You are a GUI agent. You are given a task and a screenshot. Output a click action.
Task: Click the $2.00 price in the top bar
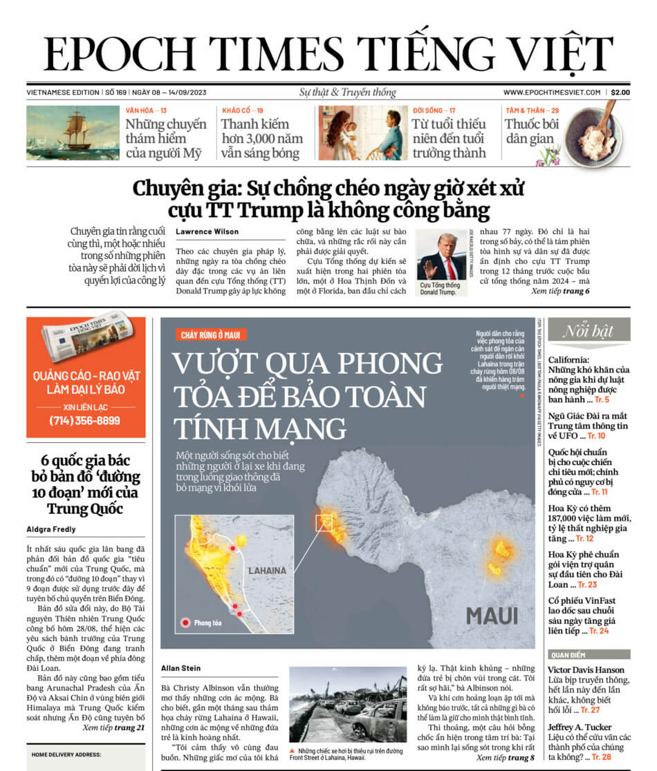click(x=620, y=92)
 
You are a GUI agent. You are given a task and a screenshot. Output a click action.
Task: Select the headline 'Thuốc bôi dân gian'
click(x=530, y=131)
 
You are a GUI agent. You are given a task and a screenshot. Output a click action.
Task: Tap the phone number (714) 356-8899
click(x=85, y=421)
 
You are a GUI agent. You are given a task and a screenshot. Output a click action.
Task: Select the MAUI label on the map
click(x=492, y=615)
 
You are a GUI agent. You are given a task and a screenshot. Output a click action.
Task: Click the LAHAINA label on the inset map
click(x=266, y=571)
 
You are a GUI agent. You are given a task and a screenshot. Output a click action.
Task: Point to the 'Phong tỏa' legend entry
click(x=201, y=623)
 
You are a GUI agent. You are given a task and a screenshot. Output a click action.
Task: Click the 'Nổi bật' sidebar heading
click(x=588, y=331)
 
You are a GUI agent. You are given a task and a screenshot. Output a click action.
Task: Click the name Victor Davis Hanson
click(x=586, y=669)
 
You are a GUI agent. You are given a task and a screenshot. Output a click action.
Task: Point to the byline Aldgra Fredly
click(x=53, y=529)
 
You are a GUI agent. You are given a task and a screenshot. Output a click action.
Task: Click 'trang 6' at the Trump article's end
click(x=576, y=292)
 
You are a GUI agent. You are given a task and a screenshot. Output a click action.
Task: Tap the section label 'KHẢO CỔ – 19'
click(x=243, y=111)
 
